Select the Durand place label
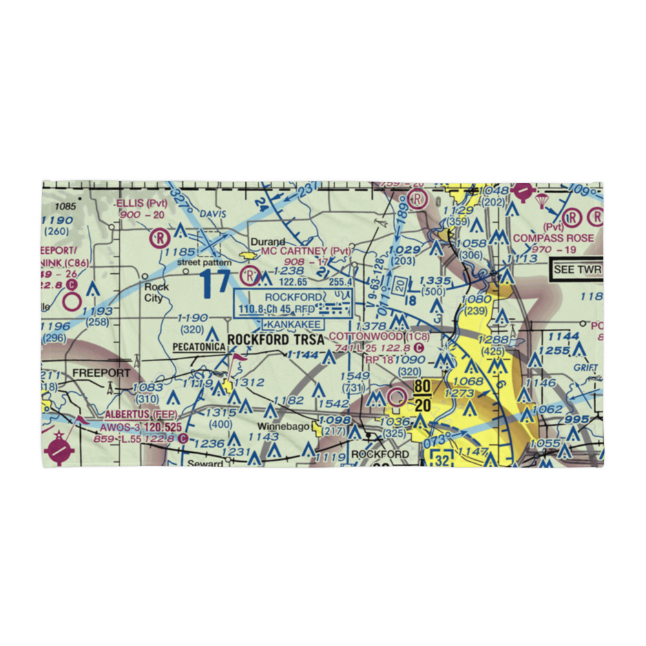pos(267,242)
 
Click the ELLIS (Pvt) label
pos(141,203)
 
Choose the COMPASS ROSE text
pos(553,238)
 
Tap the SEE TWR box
pos(578,269)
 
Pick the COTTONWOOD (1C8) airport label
pos(379,337)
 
